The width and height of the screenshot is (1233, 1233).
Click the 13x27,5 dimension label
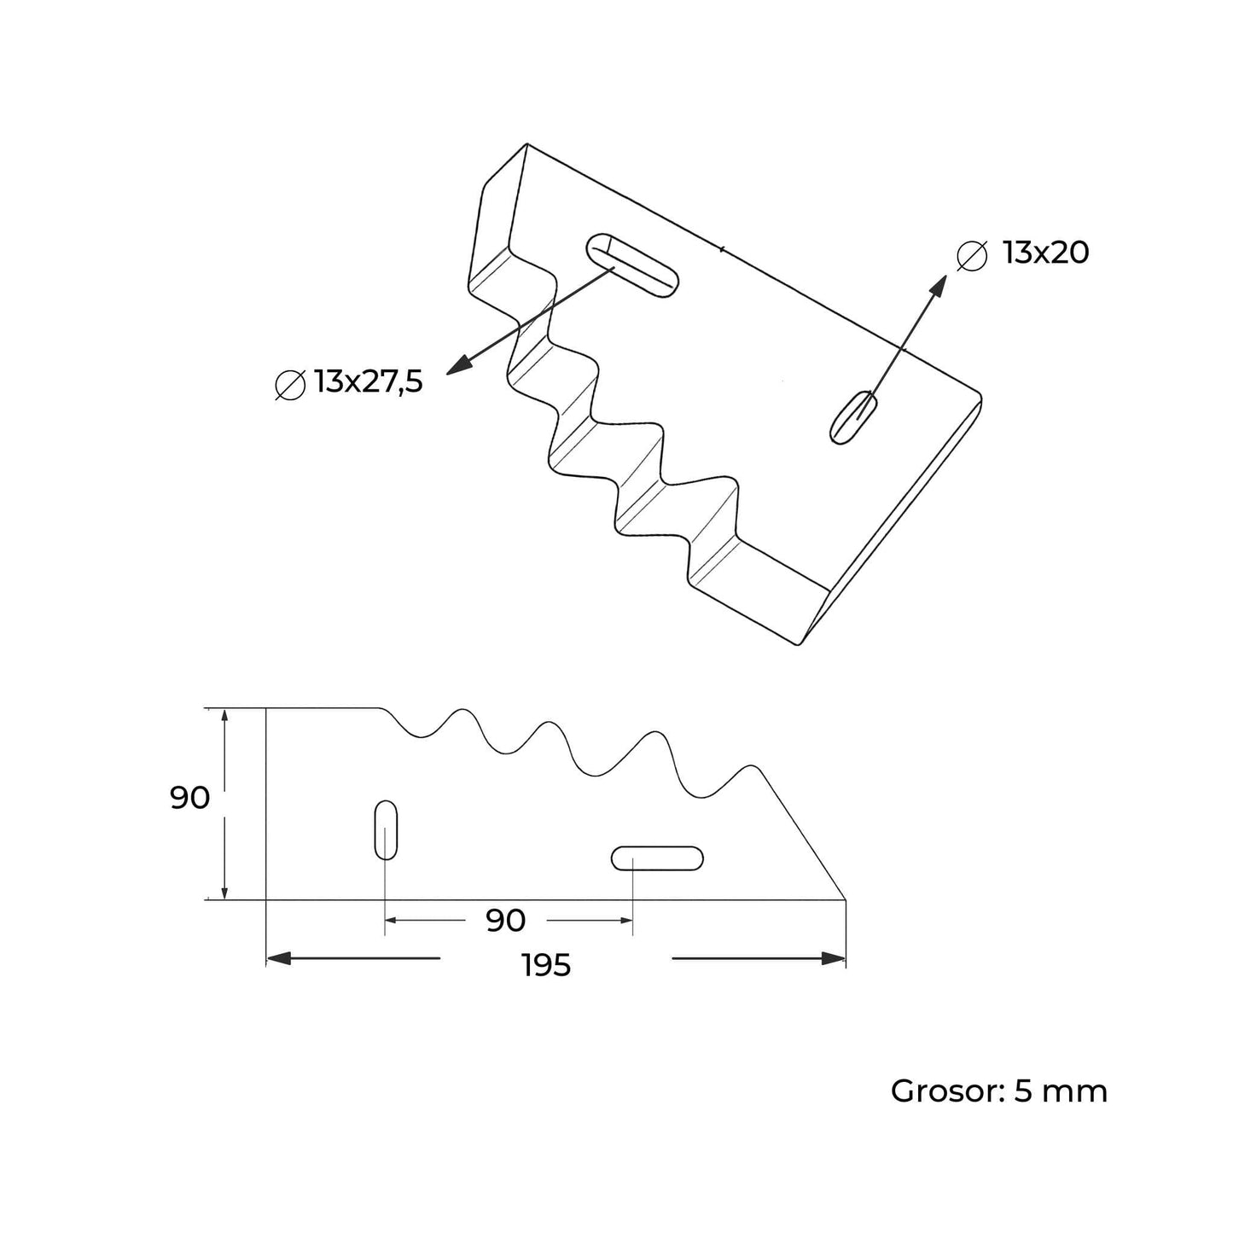[368, 382]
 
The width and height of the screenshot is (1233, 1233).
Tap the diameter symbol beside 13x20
[972, 256]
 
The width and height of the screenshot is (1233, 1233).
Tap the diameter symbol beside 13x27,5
[290, 385]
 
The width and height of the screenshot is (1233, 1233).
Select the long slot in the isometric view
[632, 265]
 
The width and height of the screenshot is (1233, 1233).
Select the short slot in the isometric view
[854, 417]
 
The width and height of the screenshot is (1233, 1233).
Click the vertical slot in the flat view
[386, 829]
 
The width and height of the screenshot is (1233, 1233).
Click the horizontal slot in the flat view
[657, 858]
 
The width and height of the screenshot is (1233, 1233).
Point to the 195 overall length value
[546, 966]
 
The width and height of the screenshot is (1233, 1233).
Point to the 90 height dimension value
[189, 799]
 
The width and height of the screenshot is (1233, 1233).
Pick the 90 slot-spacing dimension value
[505, 921]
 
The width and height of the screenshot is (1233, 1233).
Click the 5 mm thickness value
[1061, 1091]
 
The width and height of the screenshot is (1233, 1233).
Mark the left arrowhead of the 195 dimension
[279, 958]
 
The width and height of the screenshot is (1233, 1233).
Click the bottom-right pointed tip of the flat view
[845, 899]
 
